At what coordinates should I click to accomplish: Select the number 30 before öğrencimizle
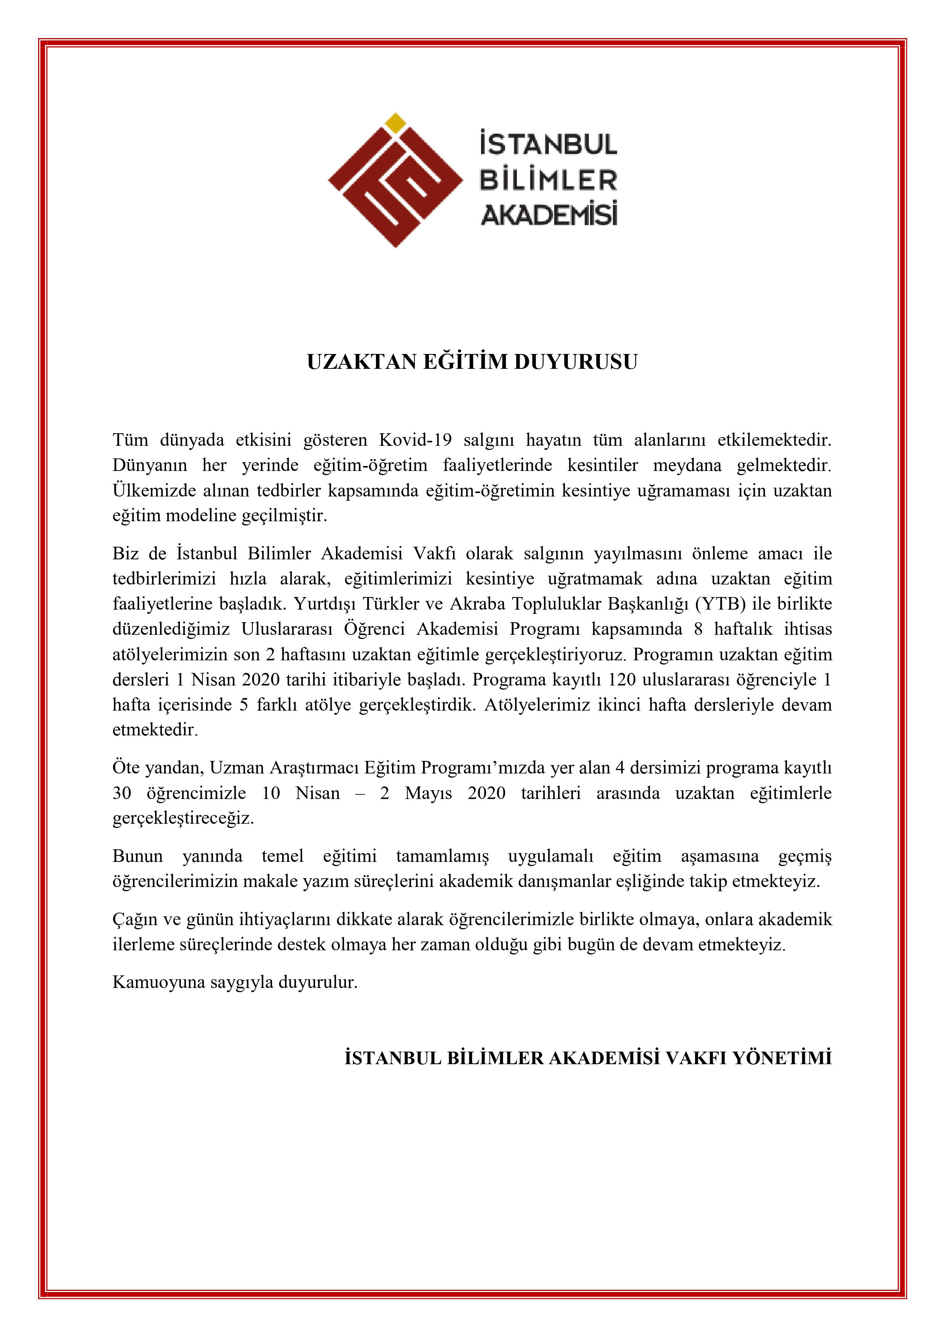(122, 793)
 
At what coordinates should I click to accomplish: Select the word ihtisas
(808, 629)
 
